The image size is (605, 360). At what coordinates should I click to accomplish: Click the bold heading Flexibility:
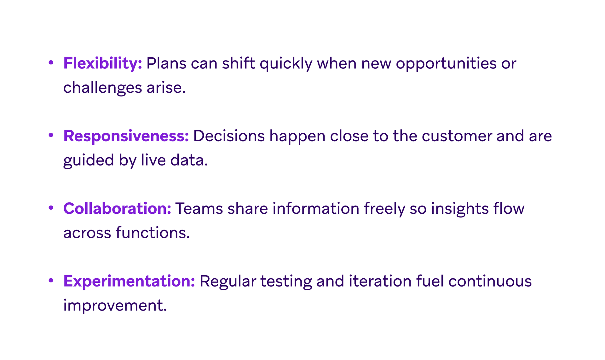[102, 63]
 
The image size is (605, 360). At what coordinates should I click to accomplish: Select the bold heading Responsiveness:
[126, 136]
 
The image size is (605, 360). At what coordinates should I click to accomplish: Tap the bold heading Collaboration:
[117, 208]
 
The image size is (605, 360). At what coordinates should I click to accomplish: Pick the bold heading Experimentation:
[129, 281]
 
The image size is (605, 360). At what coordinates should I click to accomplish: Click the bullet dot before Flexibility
[51, 62]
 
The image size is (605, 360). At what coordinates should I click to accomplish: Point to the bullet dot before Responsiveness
[51, 135]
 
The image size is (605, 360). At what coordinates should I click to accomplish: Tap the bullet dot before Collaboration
[51, 208]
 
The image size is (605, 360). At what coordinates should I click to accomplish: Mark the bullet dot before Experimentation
[51, 280]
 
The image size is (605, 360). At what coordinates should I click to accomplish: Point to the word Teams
[199, 209]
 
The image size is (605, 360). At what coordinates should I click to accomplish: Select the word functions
[153, 233]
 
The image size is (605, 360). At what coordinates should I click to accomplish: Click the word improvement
[115, 305]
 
